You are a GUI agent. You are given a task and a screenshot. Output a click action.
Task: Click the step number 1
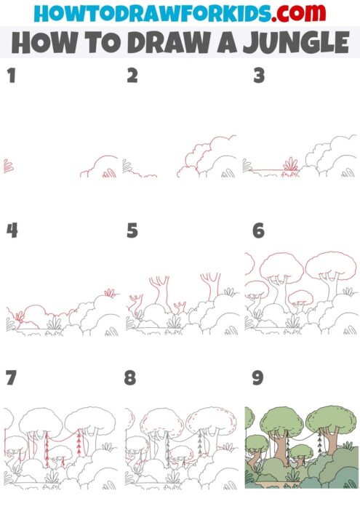tap(11, 76)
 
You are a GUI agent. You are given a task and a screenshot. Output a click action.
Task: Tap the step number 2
tap(132, 76)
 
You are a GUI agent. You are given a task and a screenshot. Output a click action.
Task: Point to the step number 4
tap(12, 231)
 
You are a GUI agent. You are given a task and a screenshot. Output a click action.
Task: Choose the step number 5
tap(132, 231)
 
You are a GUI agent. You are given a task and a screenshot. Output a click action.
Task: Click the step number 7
tap(11, 379)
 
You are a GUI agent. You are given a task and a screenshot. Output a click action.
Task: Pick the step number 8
tap(132, 379)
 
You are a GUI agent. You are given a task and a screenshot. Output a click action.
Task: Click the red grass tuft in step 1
tap(8, 167)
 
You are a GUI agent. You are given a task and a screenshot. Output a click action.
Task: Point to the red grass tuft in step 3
tap(291, 165)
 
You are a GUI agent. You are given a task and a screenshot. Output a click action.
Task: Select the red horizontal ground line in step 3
tap(265, 172)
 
